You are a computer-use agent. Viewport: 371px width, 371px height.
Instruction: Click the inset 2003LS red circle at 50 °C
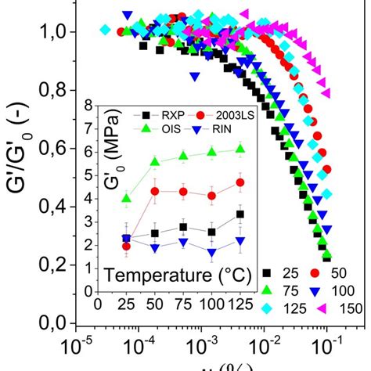(155, 191)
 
